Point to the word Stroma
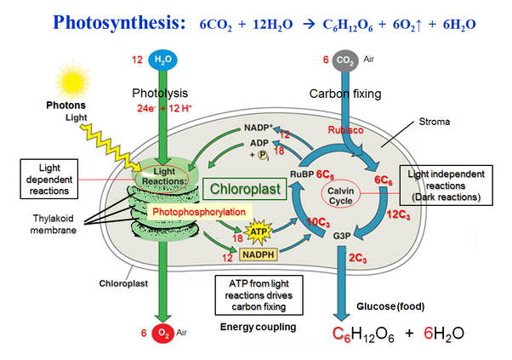coord(433,122)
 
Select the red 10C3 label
coord(320,222)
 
